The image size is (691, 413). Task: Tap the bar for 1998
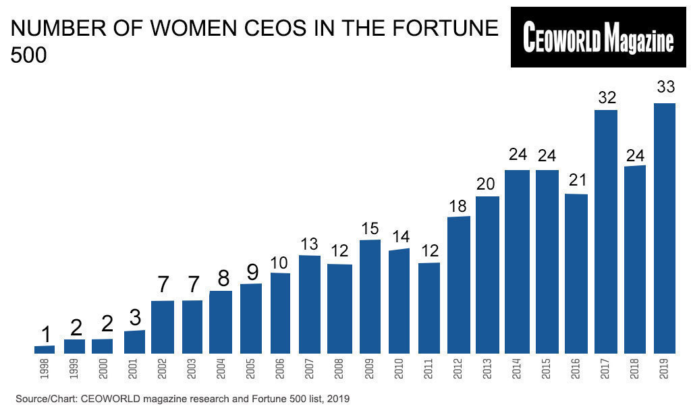tap(45, 350)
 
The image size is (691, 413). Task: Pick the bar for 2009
tap(370, 296)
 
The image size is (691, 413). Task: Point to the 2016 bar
tap(576, 273)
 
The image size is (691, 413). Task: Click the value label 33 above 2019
tap(665, 88)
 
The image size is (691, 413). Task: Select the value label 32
tap(606, 97)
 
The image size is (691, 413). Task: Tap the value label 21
tap(576, 181)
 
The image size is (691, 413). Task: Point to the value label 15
tap(370, 228)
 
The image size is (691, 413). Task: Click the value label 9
tap(251, 271)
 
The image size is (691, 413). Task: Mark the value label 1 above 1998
tap(45, 334)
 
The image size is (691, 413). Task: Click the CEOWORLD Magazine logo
tap(599, 38)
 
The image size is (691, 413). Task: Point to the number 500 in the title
tap(29, 56)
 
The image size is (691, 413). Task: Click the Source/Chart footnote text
tap(181, 399)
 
